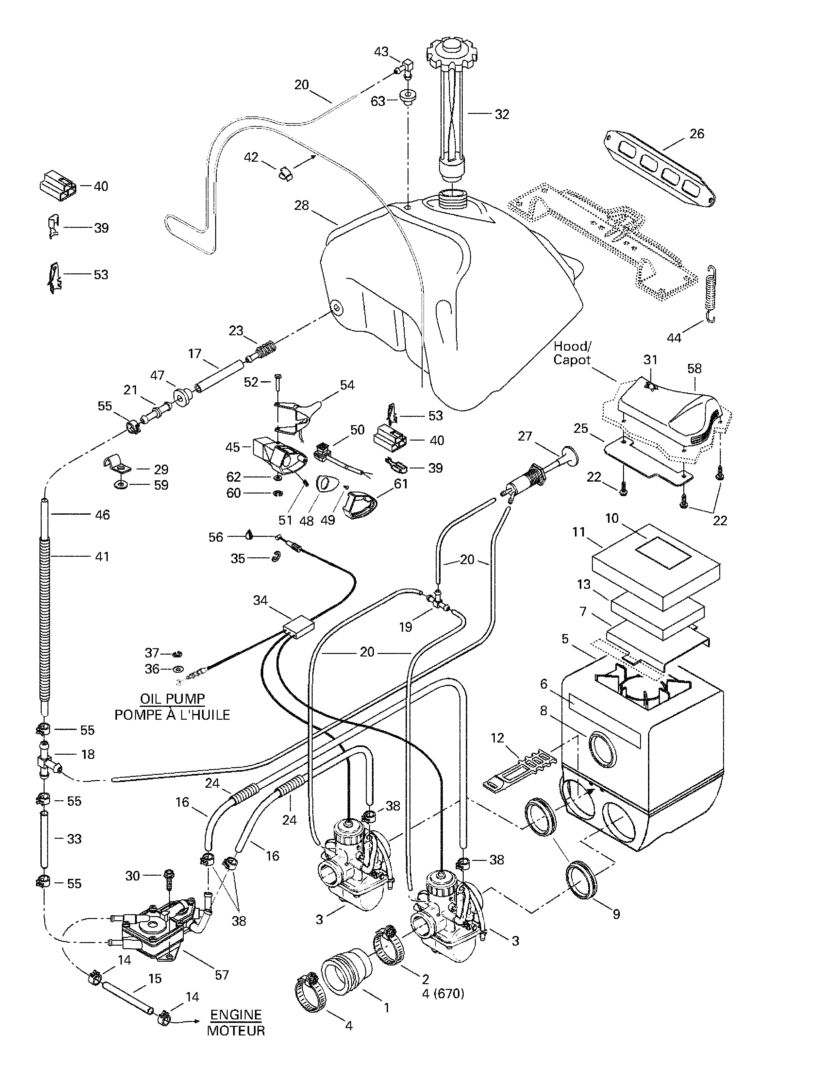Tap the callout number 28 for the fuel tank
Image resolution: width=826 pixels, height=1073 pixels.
click(301, 205)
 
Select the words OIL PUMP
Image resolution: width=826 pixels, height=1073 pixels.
click(173, 699)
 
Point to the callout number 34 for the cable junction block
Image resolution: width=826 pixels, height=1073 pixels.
click(260, 600)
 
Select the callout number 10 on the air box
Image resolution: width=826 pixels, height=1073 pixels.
click(612, 518)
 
